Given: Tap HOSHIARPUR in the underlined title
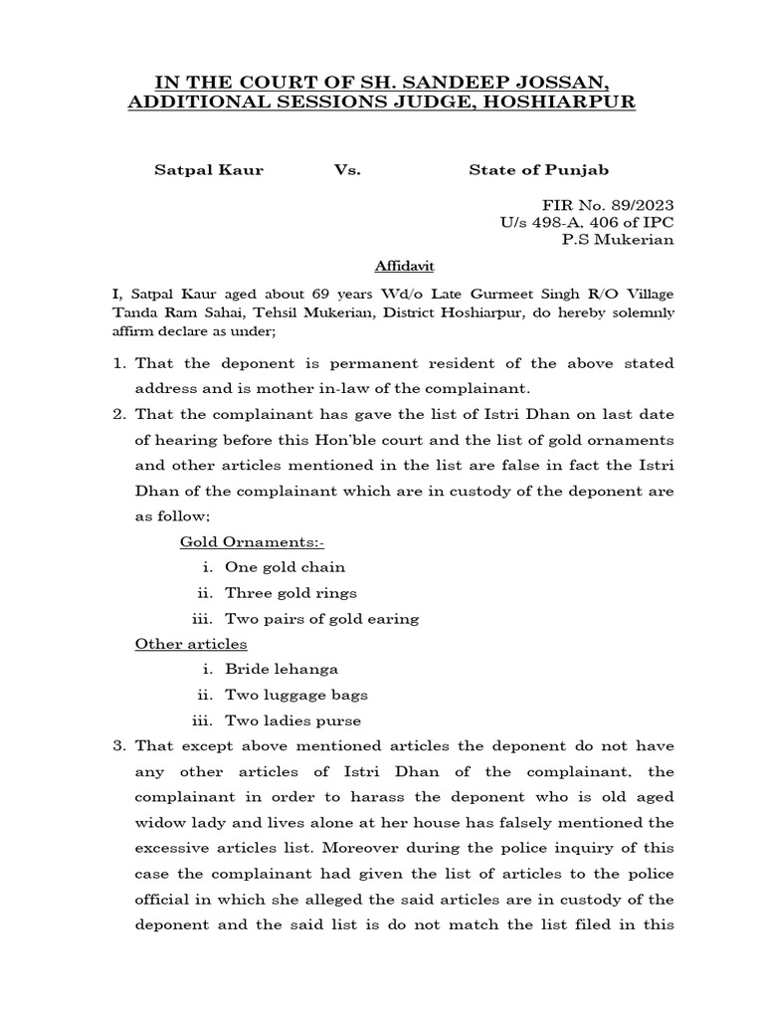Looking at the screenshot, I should (x=555, y=102).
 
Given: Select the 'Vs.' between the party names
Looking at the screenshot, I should (x=347, y=170).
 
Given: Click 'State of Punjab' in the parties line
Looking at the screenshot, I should (x=546, y=170).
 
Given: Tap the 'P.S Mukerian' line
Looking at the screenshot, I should (x=618, y=239).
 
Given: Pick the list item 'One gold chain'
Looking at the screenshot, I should (x=286, y=567).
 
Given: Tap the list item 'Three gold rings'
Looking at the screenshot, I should (x=290, y=593).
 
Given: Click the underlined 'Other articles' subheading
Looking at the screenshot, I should (x=191, y=644).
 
